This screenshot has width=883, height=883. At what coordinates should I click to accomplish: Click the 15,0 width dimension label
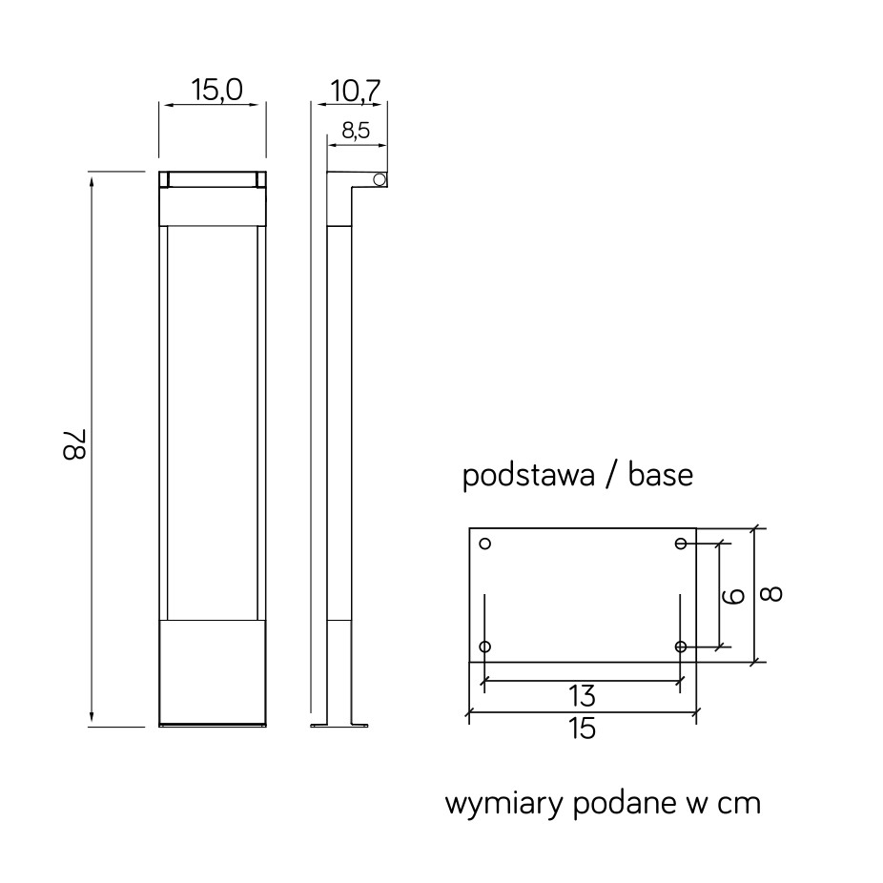pyautogui.click(x=216, y=90)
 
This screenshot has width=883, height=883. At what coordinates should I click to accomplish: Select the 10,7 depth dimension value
pyautogui.click(x=356, y=92)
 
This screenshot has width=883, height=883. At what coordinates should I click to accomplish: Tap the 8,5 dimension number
pyautogui.click(x=356, y=131)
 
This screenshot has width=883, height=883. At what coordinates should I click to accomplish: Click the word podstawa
pyautogui.click(x=528, y=476)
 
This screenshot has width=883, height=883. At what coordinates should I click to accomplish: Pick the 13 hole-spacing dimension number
pyautogui.click(x=582, y=697)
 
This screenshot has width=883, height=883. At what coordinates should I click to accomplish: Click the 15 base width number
pyautogui.click(x=582, y=729)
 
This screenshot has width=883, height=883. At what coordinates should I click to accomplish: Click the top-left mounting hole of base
pyautogui.click(x=484, y=544)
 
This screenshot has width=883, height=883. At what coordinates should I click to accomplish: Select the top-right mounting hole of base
pyautogui.click(x=681, y=544)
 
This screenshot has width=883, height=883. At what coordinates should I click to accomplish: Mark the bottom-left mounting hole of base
pyautogui.click(x=484, y=647)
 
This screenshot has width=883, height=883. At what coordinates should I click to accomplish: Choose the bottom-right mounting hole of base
pyautogui.click(x=681, y=647)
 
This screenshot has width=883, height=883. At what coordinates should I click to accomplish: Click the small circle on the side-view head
pyautogui.click(x=380, y=179)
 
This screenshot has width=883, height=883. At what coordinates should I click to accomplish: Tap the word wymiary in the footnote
pyautogui.click(x=504, y=804)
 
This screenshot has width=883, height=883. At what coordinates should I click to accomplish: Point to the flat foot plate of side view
pyautogui.click(x=339, y=726)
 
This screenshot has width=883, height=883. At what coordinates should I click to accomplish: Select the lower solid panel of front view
pyautogui.click(x=213, y=672)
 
